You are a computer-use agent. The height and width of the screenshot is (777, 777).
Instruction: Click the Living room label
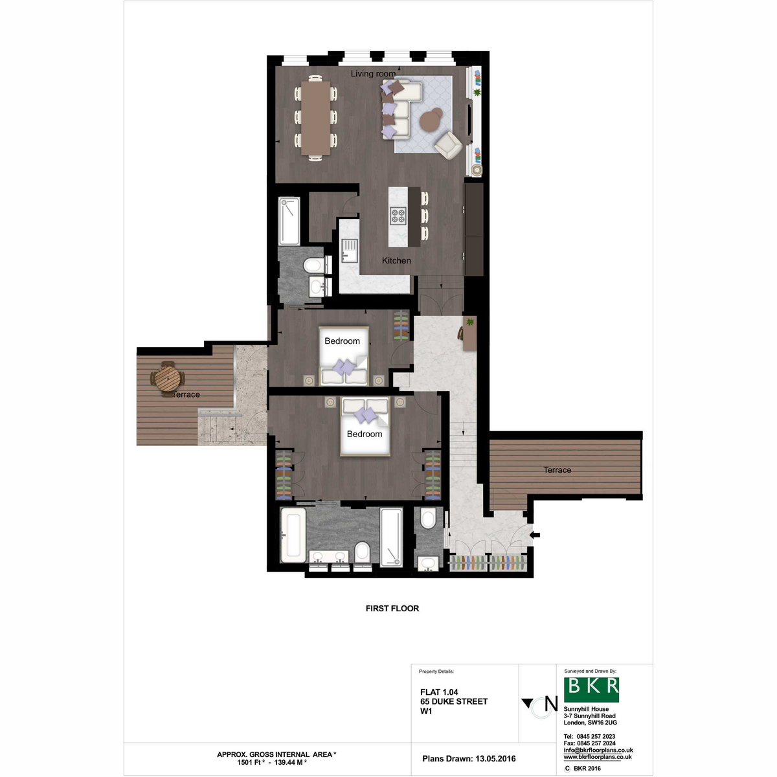pos(372,74)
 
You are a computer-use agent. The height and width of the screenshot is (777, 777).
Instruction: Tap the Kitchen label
pos(396,260)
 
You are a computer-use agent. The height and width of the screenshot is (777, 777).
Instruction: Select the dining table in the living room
pos(315,118)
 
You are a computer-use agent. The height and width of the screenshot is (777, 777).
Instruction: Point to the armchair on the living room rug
pos(447,145)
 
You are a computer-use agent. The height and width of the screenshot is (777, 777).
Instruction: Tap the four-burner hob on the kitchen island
pos(398,216)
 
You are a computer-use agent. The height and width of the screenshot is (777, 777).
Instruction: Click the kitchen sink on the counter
pos(349,251)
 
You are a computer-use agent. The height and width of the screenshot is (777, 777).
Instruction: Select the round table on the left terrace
pos(168,379)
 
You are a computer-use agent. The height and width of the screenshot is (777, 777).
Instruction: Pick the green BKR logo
pos(591,690)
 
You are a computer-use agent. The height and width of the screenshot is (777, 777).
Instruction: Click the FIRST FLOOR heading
pos(392,609)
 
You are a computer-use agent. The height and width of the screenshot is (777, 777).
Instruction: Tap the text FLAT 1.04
pos(439,692)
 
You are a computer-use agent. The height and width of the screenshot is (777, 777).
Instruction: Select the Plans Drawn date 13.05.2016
pos(495,759)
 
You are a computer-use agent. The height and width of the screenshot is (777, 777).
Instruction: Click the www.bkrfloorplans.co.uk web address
pos(598,757)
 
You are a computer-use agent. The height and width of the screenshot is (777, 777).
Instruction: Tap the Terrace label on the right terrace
pos(557,469)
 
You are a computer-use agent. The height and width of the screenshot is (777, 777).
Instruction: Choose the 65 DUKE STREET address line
pos(454,702)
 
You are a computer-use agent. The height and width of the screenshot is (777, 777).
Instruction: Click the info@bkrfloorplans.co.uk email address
pos(598,750)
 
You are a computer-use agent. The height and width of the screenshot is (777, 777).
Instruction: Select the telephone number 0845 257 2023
pos(596,736)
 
